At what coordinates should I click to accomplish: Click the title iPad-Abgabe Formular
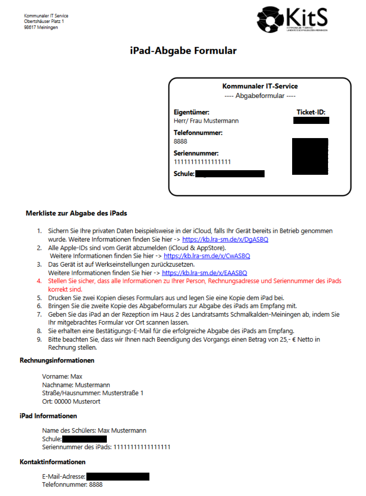(183, 51)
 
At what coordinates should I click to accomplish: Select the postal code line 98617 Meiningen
(41, 28)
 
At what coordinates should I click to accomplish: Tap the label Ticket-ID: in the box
(310, 112)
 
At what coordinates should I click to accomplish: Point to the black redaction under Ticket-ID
(311, 121)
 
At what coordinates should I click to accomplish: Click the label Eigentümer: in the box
(191, 112)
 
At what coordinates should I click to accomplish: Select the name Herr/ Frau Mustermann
(206, 121)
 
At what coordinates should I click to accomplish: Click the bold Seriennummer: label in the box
(196, 153)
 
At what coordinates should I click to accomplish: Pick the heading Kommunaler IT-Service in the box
(260, 86)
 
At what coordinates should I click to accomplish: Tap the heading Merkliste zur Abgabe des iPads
(76, 213)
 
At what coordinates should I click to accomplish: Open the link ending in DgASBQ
(225, 240)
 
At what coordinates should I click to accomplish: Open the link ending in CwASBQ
(207, 256)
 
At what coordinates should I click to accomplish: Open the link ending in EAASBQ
(204, 273)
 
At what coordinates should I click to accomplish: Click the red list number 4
(39, 281)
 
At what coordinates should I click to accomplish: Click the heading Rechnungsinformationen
(57, 360)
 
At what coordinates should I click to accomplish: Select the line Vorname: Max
(62, 377)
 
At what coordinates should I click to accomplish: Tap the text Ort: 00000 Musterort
(71, 402)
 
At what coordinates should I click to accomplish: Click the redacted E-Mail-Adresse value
(118, 476)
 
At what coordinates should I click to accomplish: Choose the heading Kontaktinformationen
(53, 462)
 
